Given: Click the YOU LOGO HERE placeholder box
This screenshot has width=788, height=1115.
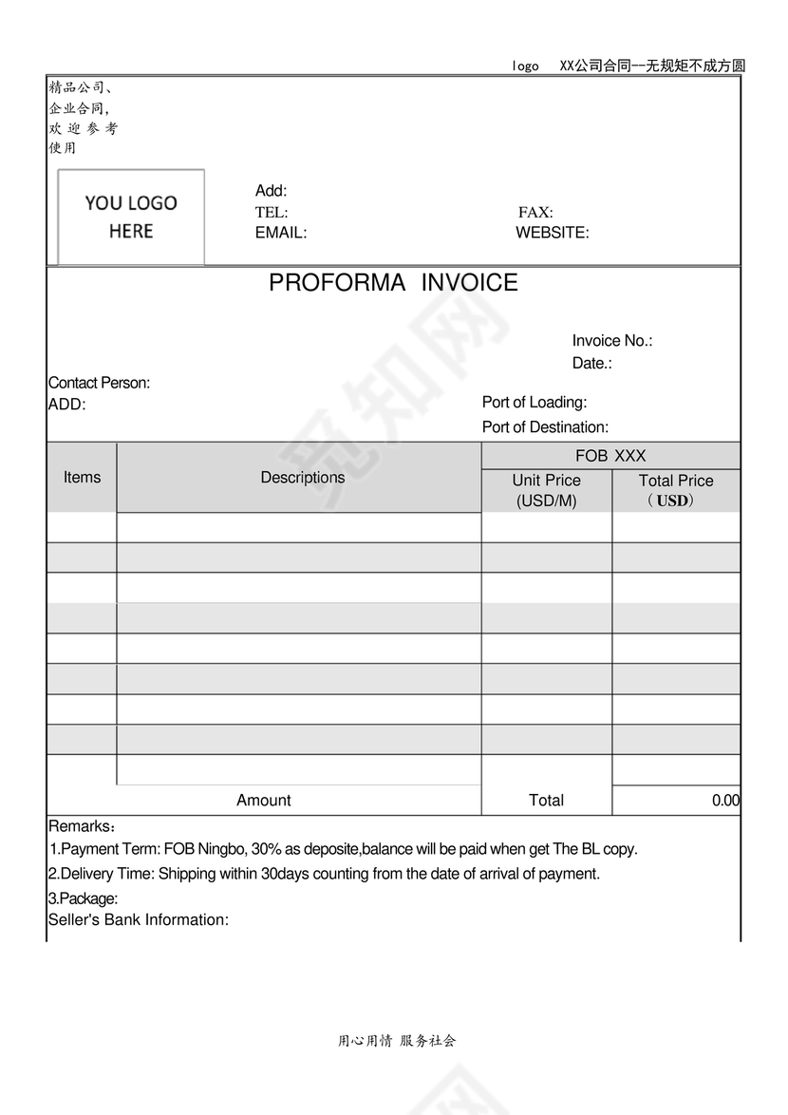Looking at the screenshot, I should (131, 217).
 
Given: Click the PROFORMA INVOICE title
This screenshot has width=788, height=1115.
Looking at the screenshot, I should (393, 283).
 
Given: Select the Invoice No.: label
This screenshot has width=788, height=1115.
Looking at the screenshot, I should (611, 341).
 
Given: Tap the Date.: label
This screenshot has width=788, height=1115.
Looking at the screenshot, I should (591, 364).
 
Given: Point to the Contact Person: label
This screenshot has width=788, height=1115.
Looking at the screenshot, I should (99, 383).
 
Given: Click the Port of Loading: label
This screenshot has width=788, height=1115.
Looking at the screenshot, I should (534, 403).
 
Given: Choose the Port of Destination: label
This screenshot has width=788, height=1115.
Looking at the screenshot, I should (545, 427).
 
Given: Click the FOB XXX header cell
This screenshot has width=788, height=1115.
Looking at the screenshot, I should (610, 456).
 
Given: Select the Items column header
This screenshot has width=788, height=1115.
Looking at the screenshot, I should (82, 478).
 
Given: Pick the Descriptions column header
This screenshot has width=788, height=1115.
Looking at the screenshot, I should (303, 478).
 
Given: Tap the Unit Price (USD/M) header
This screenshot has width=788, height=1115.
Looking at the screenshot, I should (546, 490).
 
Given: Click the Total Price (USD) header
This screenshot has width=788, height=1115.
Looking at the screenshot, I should (675, 490).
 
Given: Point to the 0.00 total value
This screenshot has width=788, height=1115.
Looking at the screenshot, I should (725, 801).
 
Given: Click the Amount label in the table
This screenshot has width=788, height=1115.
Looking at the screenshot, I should (264, 801).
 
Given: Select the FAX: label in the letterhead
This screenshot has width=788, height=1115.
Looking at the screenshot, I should (535, 213).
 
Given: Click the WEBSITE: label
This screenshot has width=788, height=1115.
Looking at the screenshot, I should (552, 233).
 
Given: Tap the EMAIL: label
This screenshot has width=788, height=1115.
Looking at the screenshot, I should (280, 233).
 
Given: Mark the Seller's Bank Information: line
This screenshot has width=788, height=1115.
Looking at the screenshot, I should (139, 920).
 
